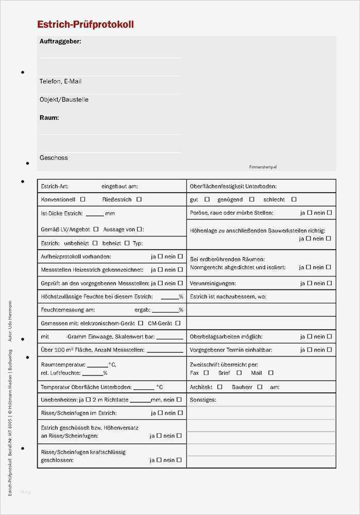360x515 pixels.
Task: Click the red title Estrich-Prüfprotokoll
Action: (85, 24)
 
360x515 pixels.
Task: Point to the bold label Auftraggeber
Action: (60, 41)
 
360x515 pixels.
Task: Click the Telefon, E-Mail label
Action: (60, 81)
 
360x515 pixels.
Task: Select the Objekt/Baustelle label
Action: (64, 99)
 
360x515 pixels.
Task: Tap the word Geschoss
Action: (54, 158)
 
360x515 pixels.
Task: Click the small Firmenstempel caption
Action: (263, 167)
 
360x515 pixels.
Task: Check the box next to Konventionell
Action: (83, 199)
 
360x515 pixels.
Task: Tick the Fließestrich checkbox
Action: (139, 199)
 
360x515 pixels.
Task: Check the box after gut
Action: (207, 199)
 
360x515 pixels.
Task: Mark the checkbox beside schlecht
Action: (294, 199)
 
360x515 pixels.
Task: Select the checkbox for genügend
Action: (252, 199)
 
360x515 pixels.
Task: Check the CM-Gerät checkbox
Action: (178, 323)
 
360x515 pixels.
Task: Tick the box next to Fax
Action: (206, 372)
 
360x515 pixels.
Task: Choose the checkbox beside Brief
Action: (239, 372)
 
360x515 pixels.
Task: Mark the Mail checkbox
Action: (271, 372)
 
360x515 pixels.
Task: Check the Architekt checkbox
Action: (220, 386)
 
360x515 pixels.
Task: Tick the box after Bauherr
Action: (260, 386)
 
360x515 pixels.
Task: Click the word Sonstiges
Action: (203, 400)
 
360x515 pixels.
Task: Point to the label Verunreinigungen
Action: (213, 283)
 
